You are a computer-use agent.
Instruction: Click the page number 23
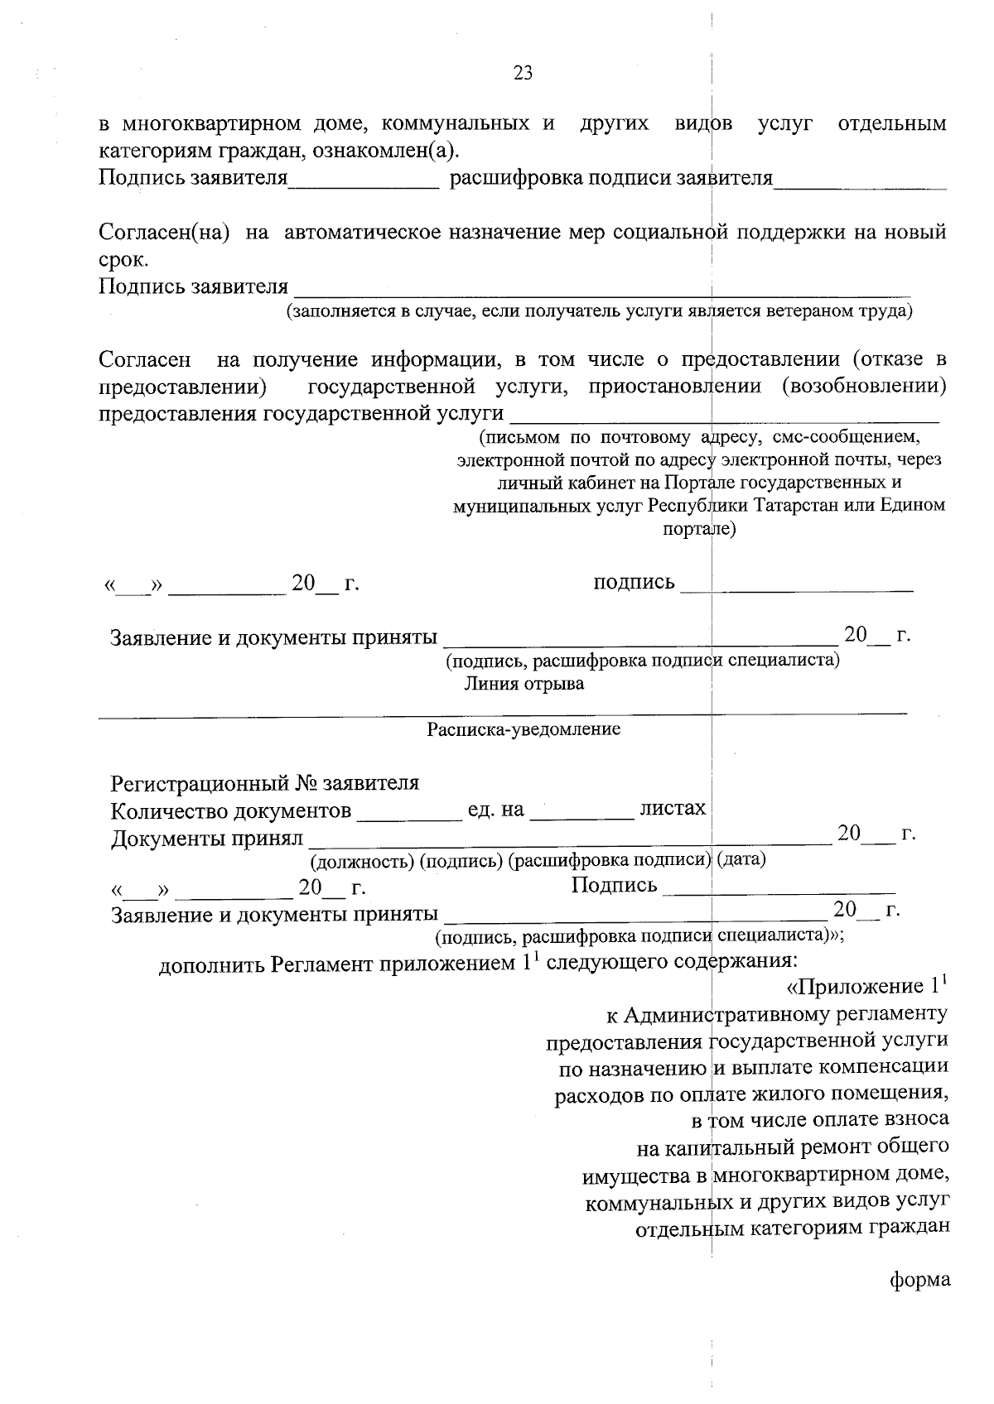pos(523,73)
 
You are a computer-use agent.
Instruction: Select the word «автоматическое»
pos(362,233)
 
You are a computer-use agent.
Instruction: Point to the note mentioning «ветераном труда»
pos(599,311)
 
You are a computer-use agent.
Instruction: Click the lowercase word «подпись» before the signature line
pos(634,582)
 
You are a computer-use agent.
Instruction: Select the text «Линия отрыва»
pos(524,684)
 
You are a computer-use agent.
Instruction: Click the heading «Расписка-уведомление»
pos(524,730)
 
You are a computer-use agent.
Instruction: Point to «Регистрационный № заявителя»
pos(265,782)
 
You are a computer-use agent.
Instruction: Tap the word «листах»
pos(673,808)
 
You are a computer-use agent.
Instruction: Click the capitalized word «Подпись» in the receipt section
pos(614,886)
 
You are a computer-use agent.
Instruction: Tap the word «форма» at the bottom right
pos(919,1280)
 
